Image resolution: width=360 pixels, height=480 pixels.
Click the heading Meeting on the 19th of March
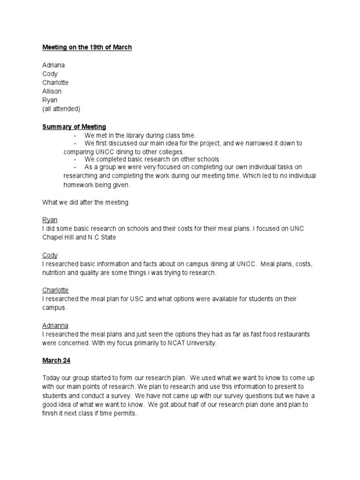point(87,48)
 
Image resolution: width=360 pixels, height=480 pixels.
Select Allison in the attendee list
point(52,91)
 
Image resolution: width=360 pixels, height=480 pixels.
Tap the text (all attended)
point(61,109)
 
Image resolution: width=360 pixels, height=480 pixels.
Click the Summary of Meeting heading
point(74,127)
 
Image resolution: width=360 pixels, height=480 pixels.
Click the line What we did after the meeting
point(85,202)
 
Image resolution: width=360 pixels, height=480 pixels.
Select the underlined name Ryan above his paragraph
point(50,220)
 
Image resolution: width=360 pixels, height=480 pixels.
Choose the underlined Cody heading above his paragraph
point(50,255)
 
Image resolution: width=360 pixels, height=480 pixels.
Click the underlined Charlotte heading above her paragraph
point(55,290)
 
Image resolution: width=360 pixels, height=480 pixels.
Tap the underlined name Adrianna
point(55,325)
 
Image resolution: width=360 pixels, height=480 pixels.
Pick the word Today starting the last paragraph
point(52,378)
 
